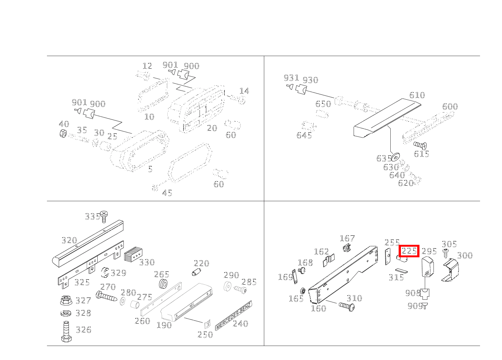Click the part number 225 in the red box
tap(409, 251)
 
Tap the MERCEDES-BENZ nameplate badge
tap(233, 315)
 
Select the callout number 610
tap(417, 95)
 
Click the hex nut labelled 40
tap(64, 133)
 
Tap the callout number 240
tap(240, 324)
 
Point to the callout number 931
tap(291, 78)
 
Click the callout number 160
tap(318, 308)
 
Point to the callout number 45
tap(167, 193)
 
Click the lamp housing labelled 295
tap(427, 266)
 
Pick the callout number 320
tap(69, 240)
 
